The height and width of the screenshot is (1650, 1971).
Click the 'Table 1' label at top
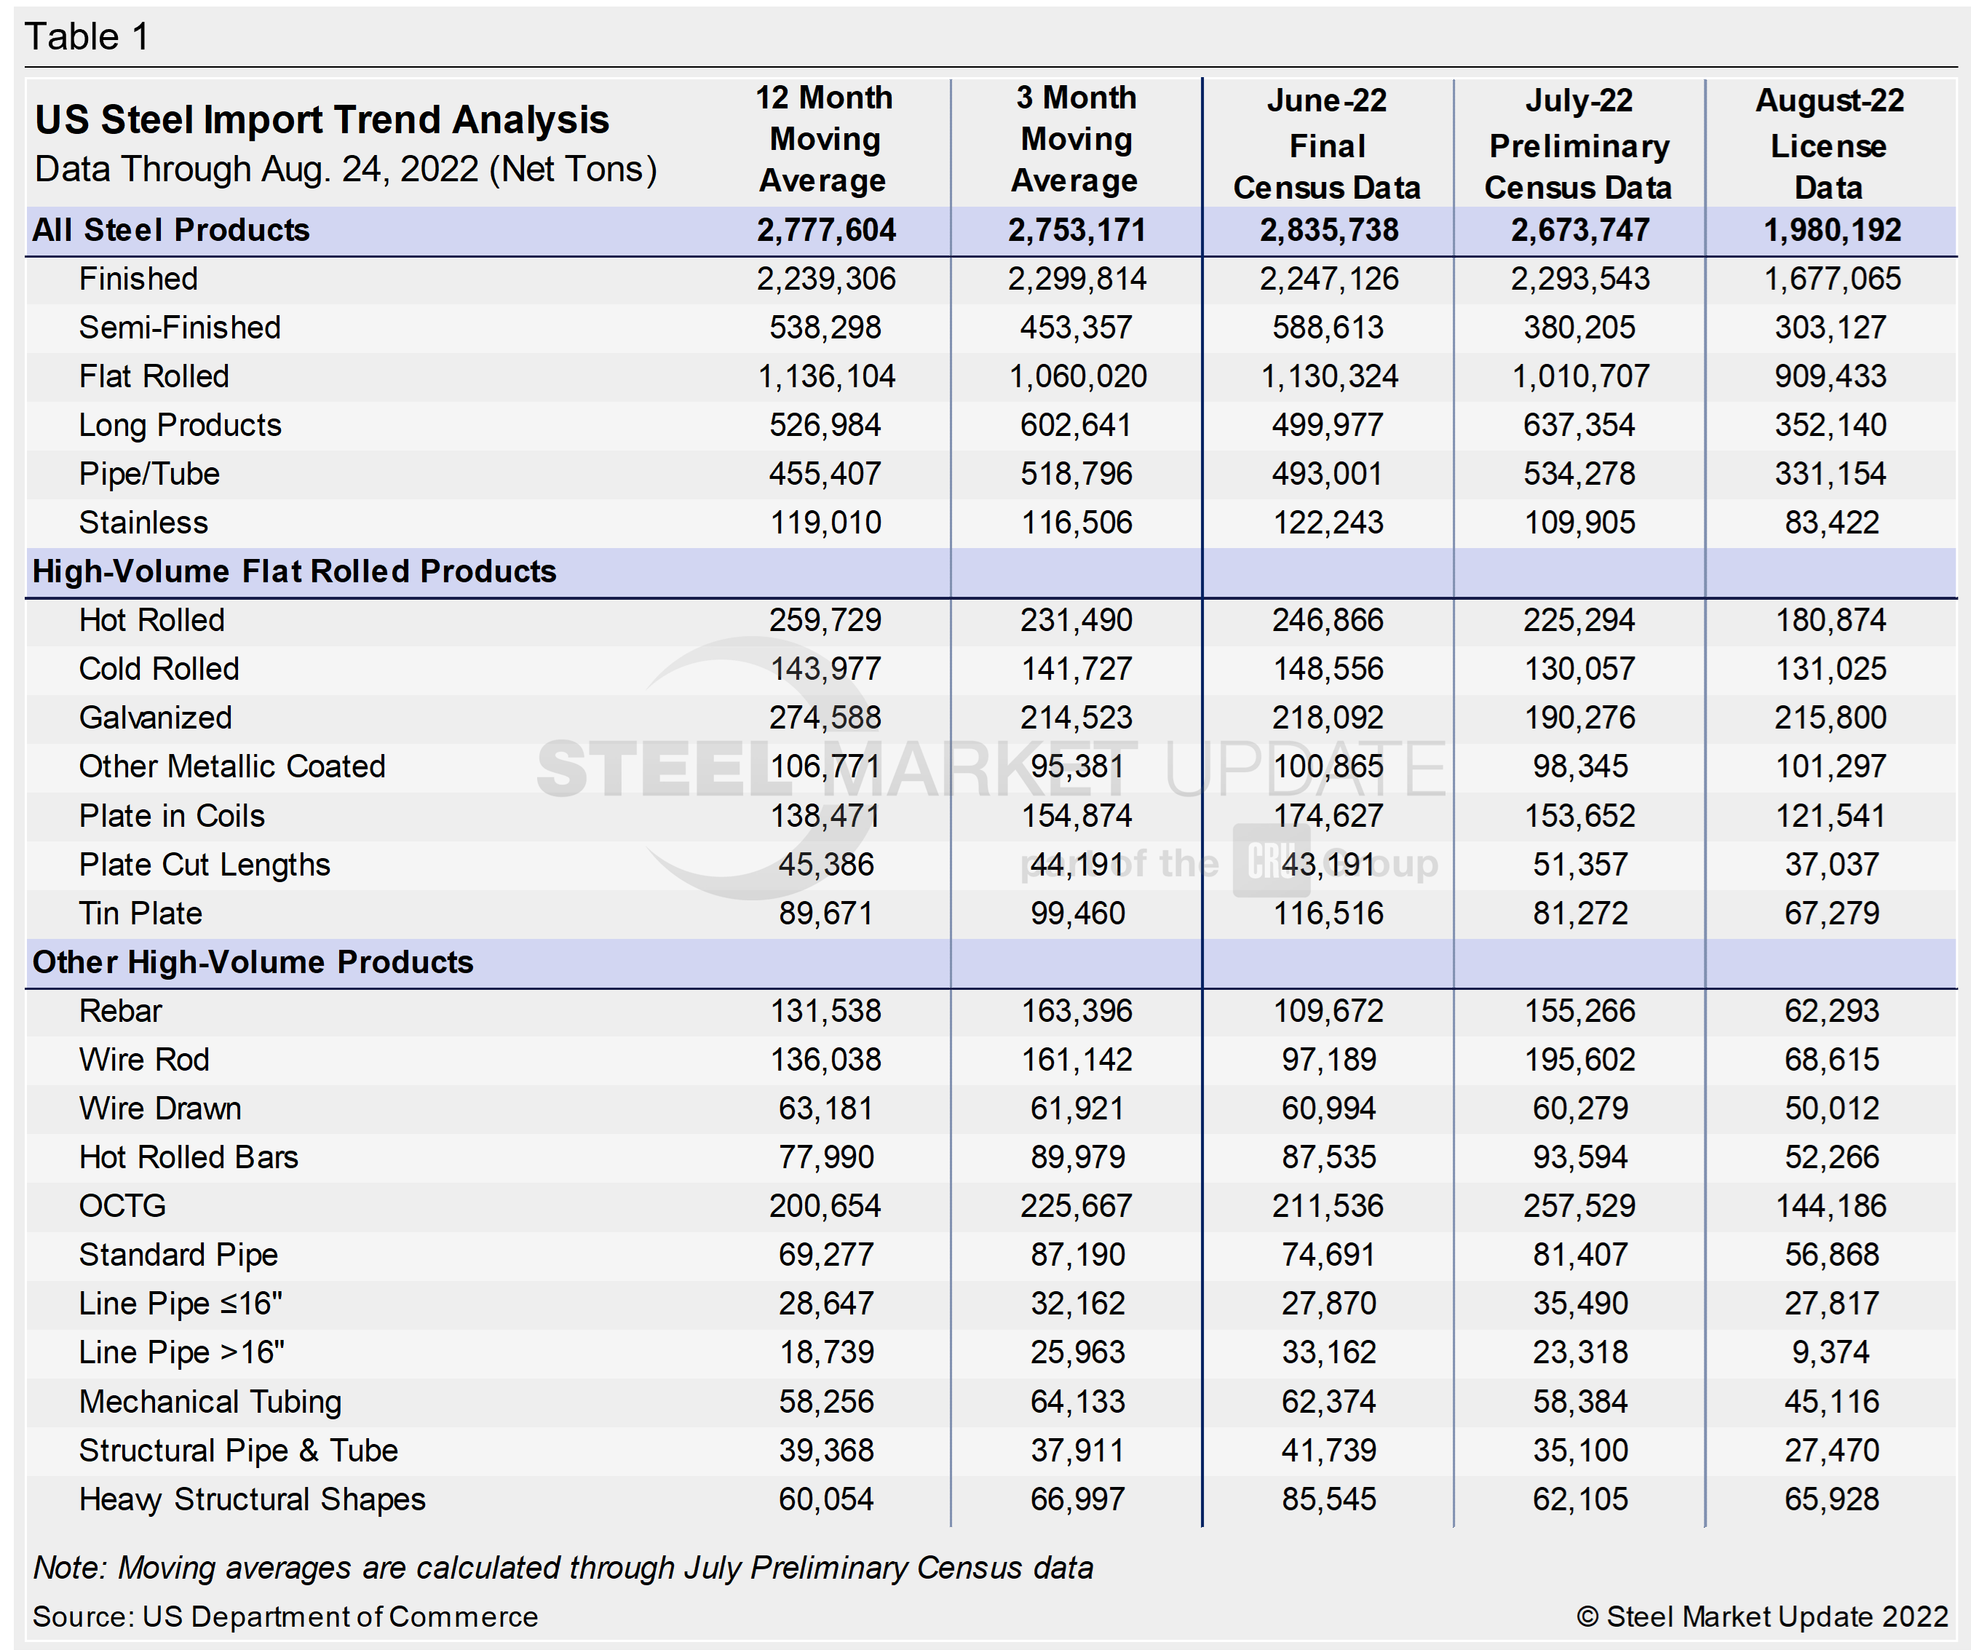(87, 38)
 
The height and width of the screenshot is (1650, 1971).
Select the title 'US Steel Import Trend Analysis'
(322, 120)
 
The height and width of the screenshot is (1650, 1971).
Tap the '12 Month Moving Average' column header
(824, 139)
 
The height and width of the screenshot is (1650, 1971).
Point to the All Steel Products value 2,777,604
(826, 230)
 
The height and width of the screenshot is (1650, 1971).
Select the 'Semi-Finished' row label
(179, 328)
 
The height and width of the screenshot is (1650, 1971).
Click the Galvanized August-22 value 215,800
(1831, 718)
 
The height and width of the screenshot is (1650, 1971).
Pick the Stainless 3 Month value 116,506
(1076, 523)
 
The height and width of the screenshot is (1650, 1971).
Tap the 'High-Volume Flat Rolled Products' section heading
(294, 571)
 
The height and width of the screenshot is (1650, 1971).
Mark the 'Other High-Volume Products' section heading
(253, 962)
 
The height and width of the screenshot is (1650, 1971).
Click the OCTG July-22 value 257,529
(1579, 1206)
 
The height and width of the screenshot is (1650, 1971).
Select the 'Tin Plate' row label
(140, 913)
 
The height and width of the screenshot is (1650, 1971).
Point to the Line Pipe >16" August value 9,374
(1831, 1352)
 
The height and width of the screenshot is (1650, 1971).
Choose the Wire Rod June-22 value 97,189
(1328, 1060)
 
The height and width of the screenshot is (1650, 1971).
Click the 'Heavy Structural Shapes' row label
(252, 1499)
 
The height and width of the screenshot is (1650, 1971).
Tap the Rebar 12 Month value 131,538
(826, 1011)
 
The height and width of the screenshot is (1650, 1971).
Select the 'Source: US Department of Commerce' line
(285, 1617)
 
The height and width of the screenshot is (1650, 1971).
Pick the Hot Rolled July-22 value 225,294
(1579, 620)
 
